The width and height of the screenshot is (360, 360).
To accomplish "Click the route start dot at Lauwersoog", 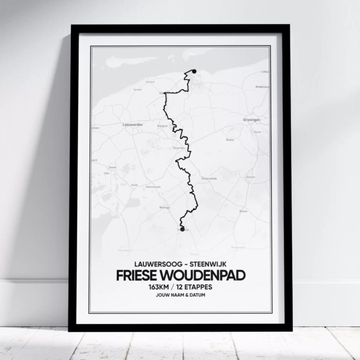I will [x=193, y=71].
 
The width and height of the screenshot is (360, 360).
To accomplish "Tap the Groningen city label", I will [x=252, y=119].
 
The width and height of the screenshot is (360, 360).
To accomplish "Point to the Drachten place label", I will [x=179, y=148].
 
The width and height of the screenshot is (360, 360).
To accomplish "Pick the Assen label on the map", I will [x=251, y=177].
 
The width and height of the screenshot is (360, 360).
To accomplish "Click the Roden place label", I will [x=229, y=139].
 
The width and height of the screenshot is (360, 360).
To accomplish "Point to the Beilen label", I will [x=243, y=211].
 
